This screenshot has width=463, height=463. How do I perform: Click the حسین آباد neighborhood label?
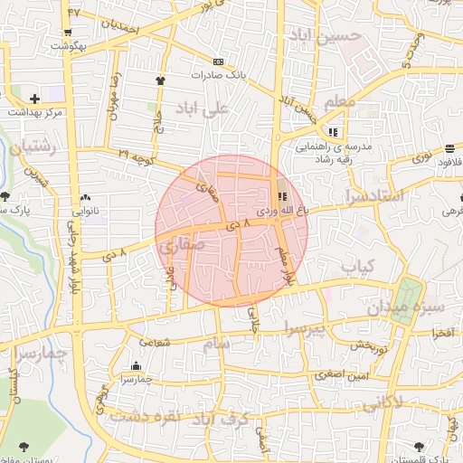click(x=325, y=35)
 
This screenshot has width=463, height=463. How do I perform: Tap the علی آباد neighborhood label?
click(x=204, y=109)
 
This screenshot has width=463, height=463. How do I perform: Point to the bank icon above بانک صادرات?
click(x=217, y=61)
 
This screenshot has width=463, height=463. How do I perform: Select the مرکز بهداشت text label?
click(x=34, y=113)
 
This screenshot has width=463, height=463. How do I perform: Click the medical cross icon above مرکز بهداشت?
click(x=34, y=98)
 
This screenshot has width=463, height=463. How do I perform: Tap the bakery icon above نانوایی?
click(x=86, y=196)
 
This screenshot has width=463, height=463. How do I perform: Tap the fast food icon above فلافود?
click(x=450, y=148)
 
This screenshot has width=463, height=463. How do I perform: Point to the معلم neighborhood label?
click(x=339, y=102)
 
